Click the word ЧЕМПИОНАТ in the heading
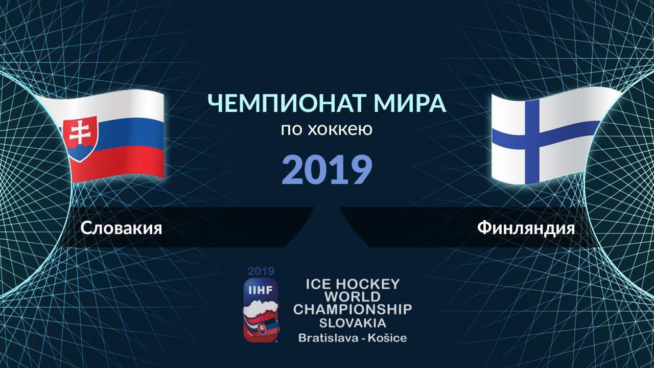click(287, 103)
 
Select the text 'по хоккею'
click(326, 129)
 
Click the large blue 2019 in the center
click(327, 169)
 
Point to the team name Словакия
click(121, 228)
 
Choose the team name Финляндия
click(526, 228)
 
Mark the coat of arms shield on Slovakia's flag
click(80, 138)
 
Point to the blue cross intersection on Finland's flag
click(532, 137)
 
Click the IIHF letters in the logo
click(260, 290)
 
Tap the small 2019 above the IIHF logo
click(261, 271)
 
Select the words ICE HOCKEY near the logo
click(353, 284)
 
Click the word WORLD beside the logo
click(353, 297)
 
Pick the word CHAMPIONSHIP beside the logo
click(353, 310)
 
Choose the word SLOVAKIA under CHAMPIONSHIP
click(353, 323)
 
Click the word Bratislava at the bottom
click(328, 338)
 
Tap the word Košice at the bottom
click(387, 338)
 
